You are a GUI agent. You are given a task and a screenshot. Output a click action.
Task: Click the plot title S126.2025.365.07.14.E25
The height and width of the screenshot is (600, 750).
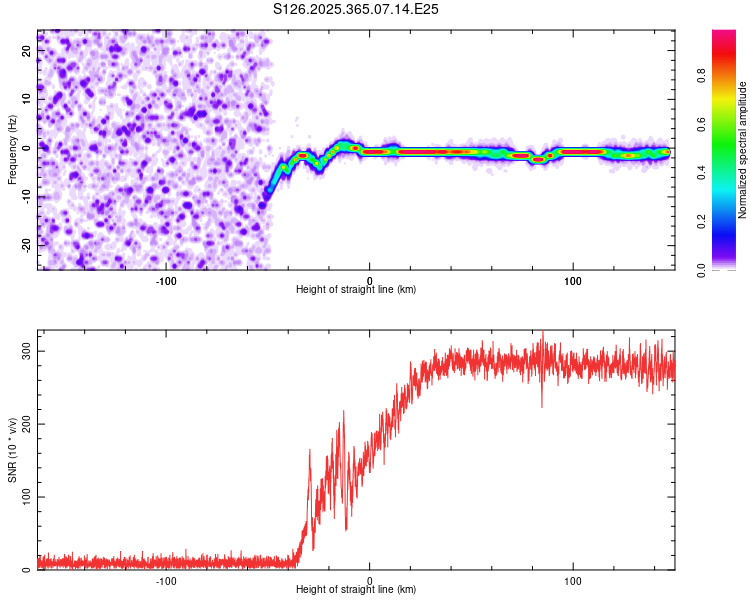357,9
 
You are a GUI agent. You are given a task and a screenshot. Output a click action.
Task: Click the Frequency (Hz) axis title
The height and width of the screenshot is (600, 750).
12,151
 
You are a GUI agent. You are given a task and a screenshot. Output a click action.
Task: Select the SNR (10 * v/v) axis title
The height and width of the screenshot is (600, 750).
12,452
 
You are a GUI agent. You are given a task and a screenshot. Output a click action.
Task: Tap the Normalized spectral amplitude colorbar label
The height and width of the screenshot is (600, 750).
743,151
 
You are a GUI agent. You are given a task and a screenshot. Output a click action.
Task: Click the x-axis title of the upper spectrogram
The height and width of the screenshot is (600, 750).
356,289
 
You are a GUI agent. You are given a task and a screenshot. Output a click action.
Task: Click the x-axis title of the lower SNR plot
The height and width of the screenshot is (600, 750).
356,589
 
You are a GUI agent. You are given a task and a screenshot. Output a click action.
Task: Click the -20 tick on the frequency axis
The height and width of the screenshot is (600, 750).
27,245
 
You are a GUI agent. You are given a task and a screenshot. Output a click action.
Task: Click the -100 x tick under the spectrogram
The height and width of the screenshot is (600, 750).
166,279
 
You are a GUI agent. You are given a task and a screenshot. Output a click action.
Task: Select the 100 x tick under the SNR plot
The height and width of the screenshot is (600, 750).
573,580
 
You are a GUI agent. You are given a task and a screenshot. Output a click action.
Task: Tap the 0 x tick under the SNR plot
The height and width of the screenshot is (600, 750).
370,580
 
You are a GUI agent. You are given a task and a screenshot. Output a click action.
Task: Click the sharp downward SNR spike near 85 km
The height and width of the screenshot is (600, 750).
542,405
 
